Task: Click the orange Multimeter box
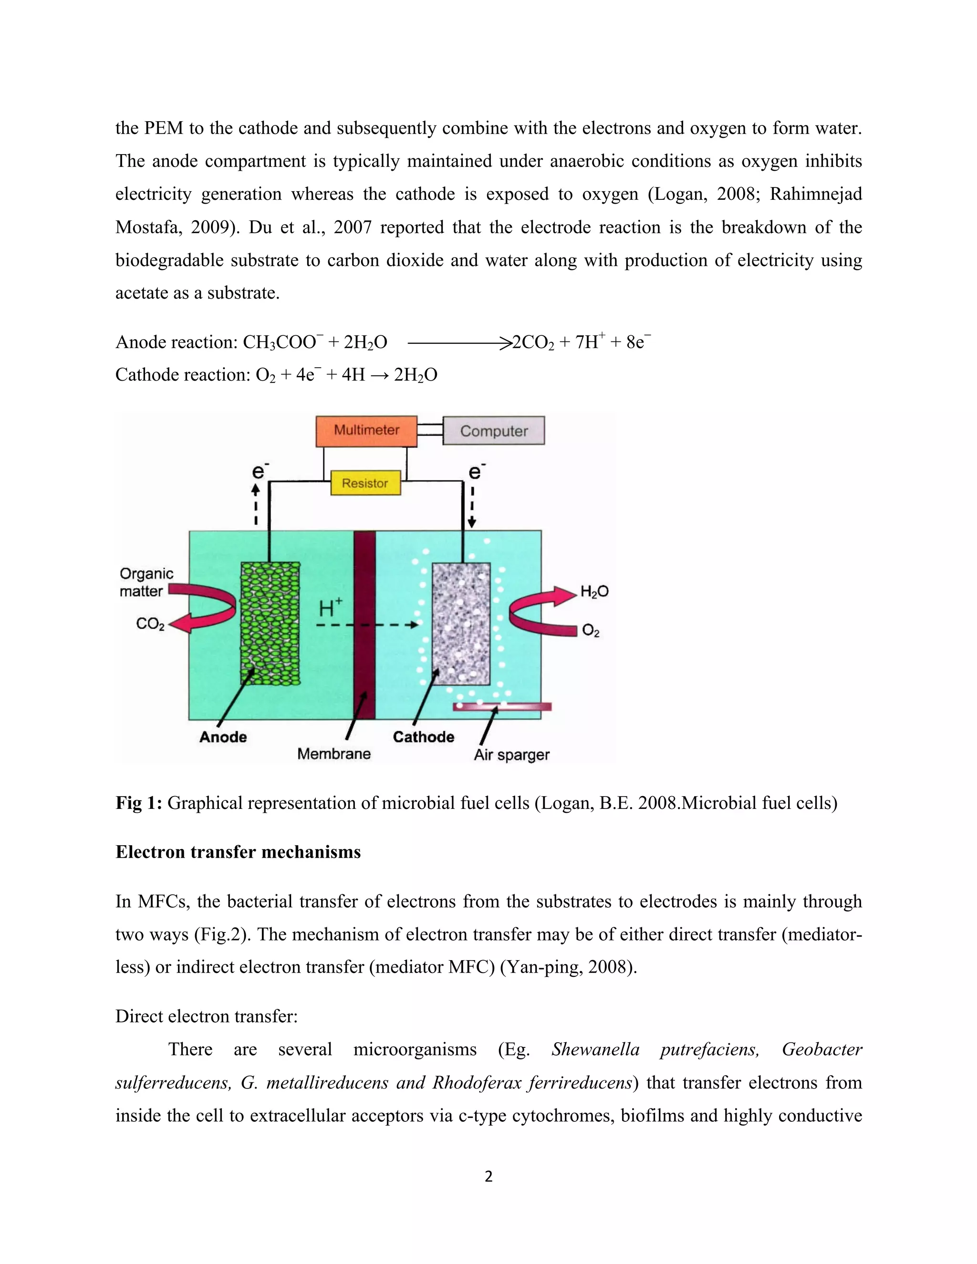click(366, 431)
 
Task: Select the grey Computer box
click(493, 431)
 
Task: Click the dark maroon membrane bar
click(364, 625)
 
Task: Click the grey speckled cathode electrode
click(461, 623)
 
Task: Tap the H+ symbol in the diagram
click(331, 608)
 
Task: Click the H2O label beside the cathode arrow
click(594, 591)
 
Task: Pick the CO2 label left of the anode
click(150, 624)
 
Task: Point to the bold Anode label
click(223, 737)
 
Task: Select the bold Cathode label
click(423, 737)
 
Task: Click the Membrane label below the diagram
click(333, 754)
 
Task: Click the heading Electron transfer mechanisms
click(238, 852)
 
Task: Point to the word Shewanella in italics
click(595, 1049)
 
